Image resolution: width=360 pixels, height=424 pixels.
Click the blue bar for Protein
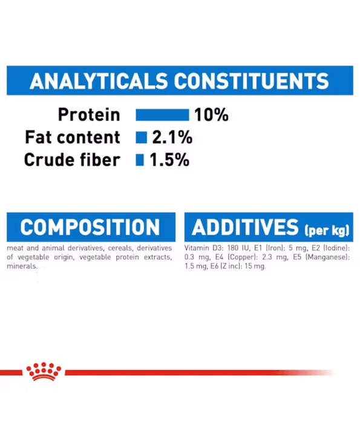click(x=162, y=114)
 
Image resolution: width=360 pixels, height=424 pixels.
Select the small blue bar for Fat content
click(x=141, y=137)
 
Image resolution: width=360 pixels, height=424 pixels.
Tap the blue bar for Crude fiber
click(x=140, y=161)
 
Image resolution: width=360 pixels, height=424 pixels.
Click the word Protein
click(x=89, y=114)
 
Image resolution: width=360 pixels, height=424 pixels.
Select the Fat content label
click(x=72, y=137)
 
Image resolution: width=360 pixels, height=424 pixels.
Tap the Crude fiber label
click(x=72, y=161)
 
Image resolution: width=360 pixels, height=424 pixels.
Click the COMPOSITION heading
click(x=90, y=227)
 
